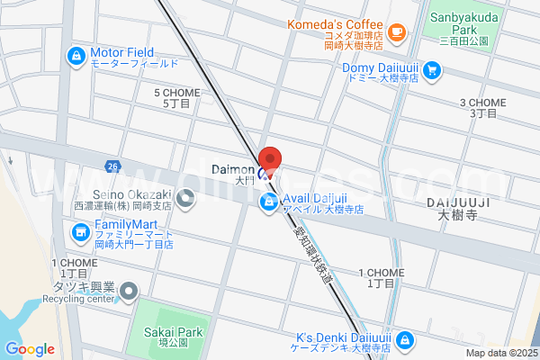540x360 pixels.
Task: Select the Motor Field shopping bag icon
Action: [76, 58]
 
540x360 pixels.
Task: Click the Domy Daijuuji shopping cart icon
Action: [432, 69]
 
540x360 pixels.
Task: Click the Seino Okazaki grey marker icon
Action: [186, 201]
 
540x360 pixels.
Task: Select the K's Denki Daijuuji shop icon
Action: [405, 339]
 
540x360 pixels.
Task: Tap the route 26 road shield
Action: [112, 166]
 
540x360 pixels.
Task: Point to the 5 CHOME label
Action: [176, 98]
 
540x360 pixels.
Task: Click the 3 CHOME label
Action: [482, 108]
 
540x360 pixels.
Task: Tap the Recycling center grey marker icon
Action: [129, 291]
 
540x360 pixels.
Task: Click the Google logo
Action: [30, 349]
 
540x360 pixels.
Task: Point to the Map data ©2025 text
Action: [500, 353]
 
